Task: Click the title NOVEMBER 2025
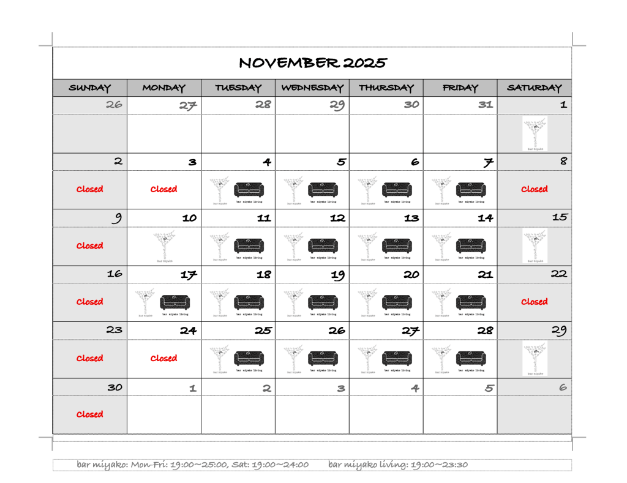click(312, 63)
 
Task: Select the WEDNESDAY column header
click(312, 88)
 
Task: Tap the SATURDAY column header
click(534, 88)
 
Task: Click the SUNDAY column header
click(90, 88)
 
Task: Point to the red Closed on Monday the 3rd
click(163, 189)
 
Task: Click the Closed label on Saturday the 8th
click(534, 189)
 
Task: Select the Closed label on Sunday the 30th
click(89, 414)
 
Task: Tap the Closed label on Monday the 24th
click(163, 358)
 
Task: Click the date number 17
click(188, 275)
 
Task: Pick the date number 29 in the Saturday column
click(559, 331)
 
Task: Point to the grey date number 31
click(486, 105)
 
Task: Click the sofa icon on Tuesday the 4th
click(249, 189)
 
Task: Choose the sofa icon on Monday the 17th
click(175, 302)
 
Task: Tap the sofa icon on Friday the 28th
click(471, 358)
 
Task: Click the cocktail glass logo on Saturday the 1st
click(535, 133)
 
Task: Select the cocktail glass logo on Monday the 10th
click(163, 245)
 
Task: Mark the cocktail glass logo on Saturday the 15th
click(535, 245)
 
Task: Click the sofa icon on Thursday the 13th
click(397, 245)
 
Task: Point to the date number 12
click(337, 218)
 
